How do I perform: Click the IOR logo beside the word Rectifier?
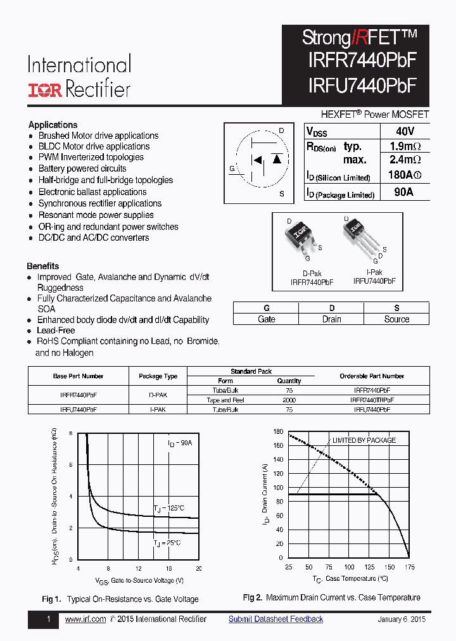pos(44,90)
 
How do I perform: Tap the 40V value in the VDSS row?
pos(404,131)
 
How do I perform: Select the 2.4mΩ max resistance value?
pos(404,161)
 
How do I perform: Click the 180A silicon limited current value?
pos(403,176)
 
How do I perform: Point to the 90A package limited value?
pos(403,193)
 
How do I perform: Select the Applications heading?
pos(53,125)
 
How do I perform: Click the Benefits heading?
pos(43,266)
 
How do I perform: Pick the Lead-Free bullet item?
pos(56,331)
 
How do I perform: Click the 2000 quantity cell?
pos(289,400)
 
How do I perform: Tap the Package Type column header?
pos(158,376)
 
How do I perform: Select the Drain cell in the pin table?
pos(331,319)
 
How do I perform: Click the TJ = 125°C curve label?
pos(168,508)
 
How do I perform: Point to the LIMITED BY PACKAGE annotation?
pos(364,440)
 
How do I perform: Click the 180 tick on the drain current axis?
pos(277,432)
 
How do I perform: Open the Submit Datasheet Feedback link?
pos(275,619)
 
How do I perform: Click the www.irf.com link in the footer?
pos(85,619)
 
